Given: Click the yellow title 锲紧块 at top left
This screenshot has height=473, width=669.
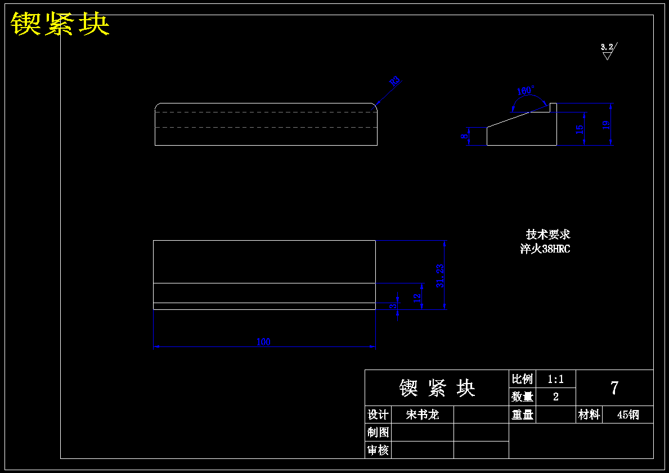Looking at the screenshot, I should tap(60, 24).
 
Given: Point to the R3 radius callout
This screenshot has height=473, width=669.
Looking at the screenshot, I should tap(394, 81).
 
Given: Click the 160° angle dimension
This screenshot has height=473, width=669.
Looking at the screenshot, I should tap(526, 91).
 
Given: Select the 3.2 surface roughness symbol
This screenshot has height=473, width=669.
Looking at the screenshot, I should tap(607, 50).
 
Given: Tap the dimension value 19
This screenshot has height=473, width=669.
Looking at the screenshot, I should tap(606, 125).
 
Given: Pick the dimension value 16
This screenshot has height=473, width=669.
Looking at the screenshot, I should tap(580, 129).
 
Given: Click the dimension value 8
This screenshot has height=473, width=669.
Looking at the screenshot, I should tap(465, 136).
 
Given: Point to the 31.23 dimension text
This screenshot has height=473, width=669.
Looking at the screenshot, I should tap(440, 276).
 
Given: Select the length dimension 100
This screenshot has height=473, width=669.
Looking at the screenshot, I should tap(263, 341).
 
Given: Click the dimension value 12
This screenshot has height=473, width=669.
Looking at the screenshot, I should tap(417, 298).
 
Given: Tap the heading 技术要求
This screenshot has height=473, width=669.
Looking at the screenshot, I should tap(548, 234).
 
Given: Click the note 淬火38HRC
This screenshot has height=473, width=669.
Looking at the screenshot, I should tap(545, 249).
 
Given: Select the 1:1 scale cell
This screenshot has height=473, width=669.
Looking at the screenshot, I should tap(555, 379).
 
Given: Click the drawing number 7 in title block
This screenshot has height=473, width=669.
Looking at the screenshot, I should tap(614, 388).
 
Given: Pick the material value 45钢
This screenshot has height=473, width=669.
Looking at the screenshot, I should tap(628, 415).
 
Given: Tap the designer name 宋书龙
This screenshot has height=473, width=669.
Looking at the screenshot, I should tap(422, 415).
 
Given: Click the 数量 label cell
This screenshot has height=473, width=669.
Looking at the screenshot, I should tap(523, 397).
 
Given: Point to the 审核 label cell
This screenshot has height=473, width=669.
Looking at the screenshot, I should tap(378, 450).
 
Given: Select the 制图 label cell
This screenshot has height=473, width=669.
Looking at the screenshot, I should tap(378, 432).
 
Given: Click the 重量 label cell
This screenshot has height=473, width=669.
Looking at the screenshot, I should tap(523, 415).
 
